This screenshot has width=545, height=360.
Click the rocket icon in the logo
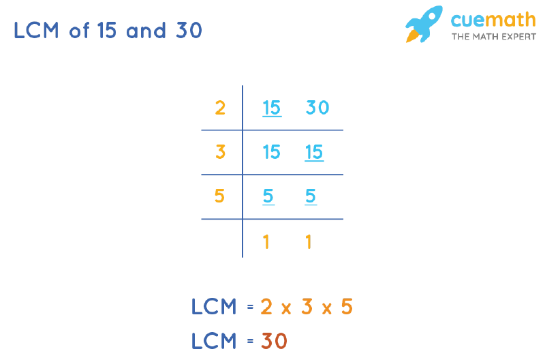click(423, 24)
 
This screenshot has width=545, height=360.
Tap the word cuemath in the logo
click(493, 20)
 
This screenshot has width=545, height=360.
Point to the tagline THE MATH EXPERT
click(493, 37)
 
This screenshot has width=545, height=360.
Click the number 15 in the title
click(107, 30)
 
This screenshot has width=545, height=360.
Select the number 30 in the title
click(189, 30)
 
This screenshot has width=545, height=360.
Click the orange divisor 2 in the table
click(220, 108)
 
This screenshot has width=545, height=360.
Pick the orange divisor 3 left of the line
click(220, 152)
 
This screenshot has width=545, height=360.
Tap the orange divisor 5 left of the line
click(219, 196)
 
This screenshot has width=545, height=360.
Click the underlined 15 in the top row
click(272, 108)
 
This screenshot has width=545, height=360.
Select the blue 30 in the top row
click(317, 108)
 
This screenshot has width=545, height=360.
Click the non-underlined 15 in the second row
click(271, 152)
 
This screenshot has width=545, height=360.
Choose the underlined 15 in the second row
click(314, 152)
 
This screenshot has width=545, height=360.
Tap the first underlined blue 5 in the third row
click(268, 196)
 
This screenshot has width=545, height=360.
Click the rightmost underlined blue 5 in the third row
click(311, 196)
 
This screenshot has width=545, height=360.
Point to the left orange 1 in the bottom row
click(266, 242)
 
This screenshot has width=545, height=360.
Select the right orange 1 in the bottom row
click(309, 242)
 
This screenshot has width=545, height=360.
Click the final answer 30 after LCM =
click(275, 341)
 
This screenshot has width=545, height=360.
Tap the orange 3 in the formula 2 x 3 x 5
click(307, 307)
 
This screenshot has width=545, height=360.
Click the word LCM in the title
click(36, 30)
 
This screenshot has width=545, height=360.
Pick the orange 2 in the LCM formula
click(266, 307)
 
